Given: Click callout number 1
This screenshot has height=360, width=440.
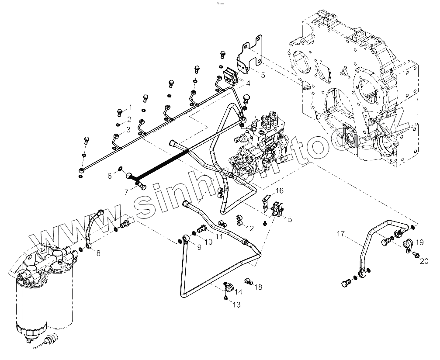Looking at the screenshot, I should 129,107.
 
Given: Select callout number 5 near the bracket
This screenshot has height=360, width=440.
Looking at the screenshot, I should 263,75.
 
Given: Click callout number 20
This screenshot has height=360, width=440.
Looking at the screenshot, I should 424,261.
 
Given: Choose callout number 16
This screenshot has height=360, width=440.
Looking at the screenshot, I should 279,190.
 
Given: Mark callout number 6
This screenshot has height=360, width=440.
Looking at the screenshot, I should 110,176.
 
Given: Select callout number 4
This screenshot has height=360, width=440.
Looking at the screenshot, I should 247,83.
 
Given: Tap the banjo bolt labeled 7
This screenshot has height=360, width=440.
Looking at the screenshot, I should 141,188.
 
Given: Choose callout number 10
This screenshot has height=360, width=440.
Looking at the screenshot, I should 208,242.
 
